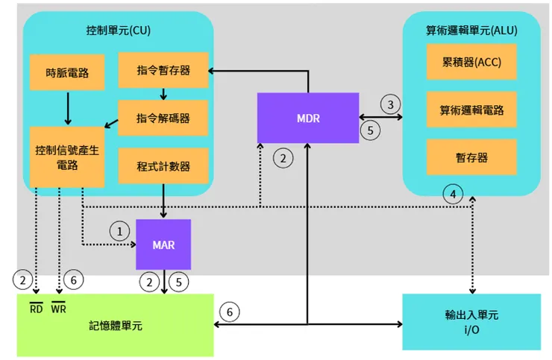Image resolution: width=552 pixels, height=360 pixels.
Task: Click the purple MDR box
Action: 307,118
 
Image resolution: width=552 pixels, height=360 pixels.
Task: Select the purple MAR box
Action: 163,244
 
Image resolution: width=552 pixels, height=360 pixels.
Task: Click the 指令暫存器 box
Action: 163,70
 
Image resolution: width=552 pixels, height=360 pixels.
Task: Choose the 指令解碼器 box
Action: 163,119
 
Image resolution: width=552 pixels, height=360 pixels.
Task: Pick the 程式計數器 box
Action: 163,165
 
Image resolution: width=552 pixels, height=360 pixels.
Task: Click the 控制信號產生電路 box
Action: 67,157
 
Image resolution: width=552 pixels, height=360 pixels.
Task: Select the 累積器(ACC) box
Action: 471,62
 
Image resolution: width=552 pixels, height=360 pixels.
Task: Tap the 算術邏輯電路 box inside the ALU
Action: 471,110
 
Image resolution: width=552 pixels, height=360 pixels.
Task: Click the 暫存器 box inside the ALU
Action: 471,158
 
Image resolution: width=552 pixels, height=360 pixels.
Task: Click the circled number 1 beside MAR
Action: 117,230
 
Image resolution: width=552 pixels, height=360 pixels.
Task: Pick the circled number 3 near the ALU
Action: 391,103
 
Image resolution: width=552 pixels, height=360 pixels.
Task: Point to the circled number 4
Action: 451,195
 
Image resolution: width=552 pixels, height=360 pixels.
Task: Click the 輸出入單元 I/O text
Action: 471,321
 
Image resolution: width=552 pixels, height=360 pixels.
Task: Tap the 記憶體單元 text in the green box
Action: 116,326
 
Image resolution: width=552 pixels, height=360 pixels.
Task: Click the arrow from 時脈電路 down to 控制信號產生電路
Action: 68,107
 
